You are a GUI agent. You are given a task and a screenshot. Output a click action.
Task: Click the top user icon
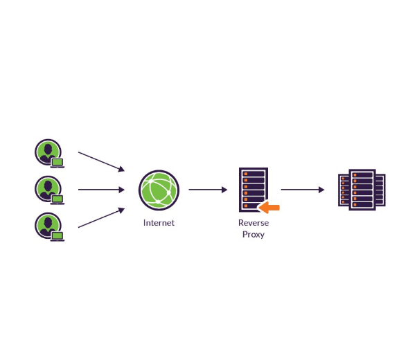click(48, 152)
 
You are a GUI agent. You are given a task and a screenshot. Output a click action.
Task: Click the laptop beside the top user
click(57, 163)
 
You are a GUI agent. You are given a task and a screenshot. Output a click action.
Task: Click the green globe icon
click(159, 190)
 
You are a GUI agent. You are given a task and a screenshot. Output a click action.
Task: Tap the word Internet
click(159, 223)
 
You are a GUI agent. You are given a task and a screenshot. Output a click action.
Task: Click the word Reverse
click(253, 223)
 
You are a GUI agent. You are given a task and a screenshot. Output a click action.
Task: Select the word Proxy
click(253, 235)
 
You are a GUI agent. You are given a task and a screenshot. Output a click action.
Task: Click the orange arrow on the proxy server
click(269, 206)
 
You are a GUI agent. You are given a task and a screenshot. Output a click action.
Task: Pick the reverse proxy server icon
click(253, 188)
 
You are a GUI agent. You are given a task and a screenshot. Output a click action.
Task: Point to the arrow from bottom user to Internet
click(101, 217)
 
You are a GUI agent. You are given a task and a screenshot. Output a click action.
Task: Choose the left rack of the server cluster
click(343, 190)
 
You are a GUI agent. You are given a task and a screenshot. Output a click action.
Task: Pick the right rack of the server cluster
click(380, 190)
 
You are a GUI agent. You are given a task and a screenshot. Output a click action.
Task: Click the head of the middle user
click(47, 185)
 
